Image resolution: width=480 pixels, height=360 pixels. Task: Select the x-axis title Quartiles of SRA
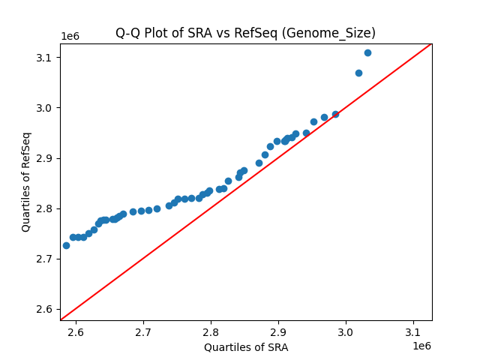(x=246, y=347)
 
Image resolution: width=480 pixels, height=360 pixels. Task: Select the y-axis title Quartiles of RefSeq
(x=26, y=181)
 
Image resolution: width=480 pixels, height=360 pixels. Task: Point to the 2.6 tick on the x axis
(x=76, y=332)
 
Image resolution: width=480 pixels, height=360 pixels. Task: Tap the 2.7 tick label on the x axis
(x=143, y=332)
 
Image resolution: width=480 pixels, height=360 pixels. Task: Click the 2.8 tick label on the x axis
(x=211, y=332)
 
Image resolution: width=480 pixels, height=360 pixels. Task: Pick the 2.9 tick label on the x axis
(x=278, y=332)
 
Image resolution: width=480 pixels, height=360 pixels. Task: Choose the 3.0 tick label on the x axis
(x=346, y=332)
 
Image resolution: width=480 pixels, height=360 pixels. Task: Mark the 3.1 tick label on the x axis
(x=413, y=332)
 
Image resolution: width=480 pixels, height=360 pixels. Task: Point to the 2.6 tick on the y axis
(x=46, y=309)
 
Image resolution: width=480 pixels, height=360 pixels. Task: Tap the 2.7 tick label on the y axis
(x=46, y=259)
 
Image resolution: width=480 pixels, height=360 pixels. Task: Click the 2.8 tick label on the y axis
(x=46, y=208)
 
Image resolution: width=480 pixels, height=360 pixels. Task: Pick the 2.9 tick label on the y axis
(x=46, y=158)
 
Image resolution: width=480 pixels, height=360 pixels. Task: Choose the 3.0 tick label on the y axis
(x=46, y=108)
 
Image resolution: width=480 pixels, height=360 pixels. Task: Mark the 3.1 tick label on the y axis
(x=46, y=58)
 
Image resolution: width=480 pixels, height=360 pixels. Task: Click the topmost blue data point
(x=367, y=52)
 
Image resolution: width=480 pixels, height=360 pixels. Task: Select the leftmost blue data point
(x=66, y=245)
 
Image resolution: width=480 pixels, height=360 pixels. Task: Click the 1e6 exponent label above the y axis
(x=70, y=37)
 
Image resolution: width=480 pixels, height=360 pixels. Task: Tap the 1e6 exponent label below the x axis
(x=421, y=346)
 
